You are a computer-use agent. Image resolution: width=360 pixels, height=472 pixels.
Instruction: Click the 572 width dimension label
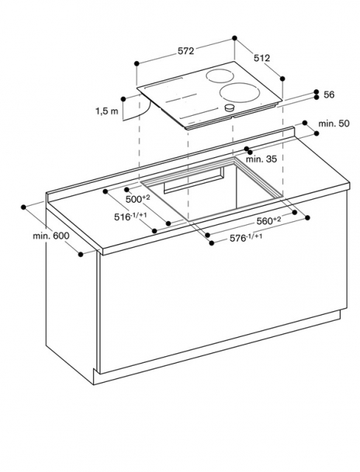pos(186,52)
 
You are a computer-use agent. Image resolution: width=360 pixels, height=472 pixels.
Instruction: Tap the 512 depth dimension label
pos(262,58)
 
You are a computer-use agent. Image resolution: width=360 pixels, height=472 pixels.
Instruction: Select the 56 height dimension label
pos(329,95)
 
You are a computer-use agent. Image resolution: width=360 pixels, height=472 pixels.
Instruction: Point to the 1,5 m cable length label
pos(107,111)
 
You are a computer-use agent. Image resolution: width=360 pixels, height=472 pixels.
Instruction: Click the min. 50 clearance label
pos(334,123)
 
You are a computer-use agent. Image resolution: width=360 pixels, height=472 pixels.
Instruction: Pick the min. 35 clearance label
pos(261,159)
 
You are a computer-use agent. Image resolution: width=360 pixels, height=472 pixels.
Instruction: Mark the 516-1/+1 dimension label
pos(131,216)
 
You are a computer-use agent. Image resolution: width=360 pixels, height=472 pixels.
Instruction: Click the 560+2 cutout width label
pos(269,221)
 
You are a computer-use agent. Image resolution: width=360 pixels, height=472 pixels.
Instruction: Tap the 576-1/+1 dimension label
pos(246,237)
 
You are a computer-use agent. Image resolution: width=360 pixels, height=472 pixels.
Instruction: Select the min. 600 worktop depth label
pos(51,236)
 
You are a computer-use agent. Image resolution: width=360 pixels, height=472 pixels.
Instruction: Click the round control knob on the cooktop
pos(230,108)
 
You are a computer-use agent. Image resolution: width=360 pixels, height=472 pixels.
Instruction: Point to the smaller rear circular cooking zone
pos(220,75)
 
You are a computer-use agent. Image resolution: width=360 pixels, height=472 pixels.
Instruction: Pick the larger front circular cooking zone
pos(240,92)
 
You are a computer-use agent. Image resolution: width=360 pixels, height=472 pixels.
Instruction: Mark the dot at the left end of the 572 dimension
pos(136,63)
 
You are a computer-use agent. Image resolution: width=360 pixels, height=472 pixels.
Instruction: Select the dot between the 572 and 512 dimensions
pos(235,38)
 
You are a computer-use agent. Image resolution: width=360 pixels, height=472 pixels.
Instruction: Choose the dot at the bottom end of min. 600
pos(80,254)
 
